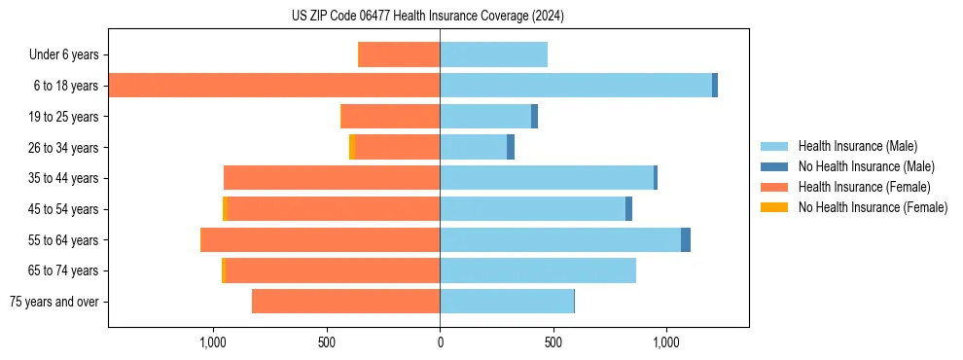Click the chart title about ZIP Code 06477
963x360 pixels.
[x=428, y=16]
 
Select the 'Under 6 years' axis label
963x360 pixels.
[x=69, y=54]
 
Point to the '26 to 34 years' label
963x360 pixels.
[x=65, y=147]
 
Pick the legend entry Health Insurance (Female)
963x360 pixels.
[x=864, y=187]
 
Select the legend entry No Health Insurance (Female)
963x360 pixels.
[x=873, y=207]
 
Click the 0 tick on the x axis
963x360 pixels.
[x=440, y=342]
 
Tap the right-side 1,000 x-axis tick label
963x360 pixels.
[x=666, y=342]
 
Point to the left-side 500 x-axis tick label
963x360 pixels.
[x=327, y=342]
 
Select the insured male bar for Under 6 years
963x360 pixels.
[x=493, y=54]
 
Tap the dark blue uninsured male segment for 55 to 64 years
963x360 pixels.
[x=686, y=239]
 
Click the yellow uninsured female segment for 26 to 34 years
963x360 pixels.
[x=352, y=147]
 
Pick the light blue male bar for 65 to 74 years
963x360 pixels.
[x=538, y=270]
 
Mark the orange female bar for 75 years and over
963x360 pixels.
[x=345, y=302]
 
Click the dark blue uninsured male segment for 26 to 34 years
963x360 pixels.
[x=511, y=147]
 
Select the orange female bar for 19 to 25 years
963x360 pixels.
[x=391, y=117]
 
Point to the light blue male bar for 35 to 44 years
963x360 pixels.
[x=547, y=178]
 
